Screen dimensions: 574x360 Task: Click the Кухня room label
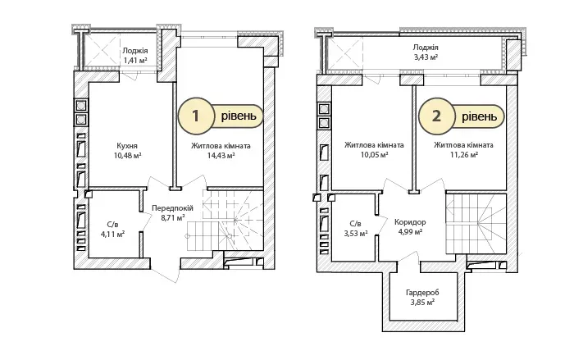[127, 146]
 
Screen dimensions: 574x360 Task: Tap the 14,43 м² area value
[221, 155]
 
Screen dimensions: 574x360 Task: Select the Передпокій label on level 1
[172, 208]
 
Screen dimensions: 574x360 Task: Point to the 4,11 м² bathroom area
[113, 234]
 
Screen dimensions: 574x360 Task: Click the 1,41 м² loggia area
[135, 60]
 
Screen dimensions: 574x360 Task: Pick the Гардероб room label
[422, 293]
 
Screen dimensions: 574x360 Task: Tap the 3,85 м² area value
[422, 302]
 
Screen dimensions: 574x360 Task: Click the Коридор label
[410, 222]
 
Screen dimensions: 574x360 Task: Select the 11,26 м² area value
[464, 154]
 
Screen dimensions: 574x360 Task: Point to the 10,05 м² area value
[374, 154]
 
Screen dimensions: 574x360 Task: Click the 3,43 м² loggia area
[426, 57]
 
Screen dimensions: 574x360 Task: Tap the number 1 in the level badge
[196, 116]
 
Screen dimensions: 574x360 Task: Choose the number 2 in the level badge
[436, 116]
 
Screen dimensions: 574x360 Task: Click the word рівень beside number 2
[480, 116]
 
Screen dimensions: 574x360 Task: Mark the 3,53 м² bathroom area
[356, 233]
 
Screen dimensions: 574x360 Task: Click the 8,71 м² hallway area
[172, 217]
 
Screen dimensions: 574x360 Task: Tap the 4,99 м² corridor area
[410, 231]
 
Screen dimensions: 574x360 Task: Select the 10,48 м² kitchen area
[127, 155]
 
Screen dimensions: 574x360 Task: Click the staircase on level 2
[476, 224]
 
